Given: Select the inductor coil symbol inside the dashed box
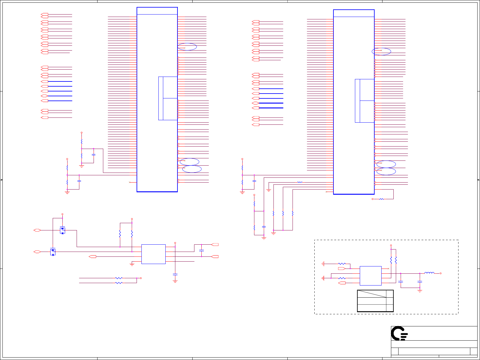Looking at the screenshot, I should pos(429,273).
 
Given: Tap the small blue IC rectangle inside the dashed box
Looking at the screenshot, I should pos(370,276).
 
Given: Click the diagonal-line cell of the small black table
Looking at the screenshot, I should pos(372,294).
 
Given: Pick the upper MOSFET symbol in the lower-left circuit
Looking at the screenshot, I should pos(62,230).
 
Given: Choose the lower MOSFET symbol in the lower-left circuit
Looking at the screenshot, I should pos(53,252).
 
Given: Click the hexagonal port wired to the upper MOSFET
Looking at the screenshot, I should pos(37,230).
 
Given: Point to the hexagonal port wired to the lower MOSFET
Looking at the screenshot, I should pos(37,252).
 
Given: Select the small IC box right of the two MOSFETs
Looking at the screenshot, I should pos(153,254).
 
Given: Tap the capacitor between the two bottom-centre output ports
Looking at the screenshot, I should pos(201,251).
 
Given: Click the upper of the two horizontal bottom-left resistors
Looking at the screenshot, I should pos(119,278).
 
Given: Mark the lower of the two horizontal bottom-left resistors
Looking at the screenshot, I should pos(119,283).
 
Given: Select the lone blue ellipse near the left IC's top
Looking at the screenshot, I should pos(187,47).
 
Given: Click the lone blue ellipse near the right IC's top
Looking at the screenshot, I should pos(381,51).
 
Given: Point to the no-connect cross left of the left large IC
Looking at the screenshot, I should pos(130,182).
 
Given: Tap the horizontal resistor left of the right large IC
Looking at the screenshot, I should pos(300,182).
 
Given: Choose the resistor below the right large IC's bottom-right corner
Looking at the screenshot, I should pos(381,199).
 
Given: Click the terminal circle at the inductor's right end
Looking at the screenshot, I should pos(440,273).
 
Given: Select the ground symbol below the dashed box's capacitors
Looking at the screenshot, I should pos(420,291).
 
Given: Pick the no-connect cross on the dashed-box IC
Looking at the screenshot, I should pos(388,269).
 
